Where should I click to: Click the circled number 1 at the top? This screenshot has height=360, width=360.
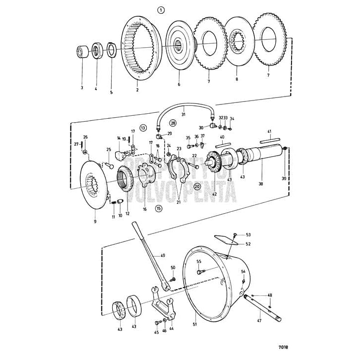point(161,9)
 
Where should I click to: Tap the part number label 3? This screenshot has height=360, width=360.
point(81,88)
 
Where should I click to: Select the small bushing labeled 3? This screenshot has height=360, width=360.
point(82,52)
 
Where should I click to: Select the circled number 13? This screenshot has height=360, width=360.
point(143,128)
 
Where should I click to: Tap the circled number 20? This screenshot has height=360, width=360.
point(197,187)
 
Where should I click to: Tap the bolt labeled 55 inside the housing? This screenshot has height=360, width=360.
point(200,271)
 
